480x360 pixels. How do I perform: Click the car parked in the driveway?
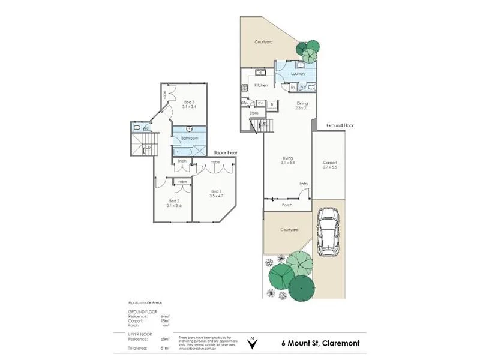(x=328, y=232)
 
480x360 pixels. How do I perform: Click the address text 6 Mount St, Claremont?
(x=321, y=343)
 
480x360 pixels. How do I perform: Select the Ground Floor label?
(x=340, y=125)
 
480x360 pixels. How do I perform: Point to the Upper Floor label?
(x=226, y=153)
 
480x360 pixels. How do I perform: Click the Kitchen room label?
(x=261, y=85)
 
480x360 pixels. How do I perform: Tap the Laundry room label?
(x=298, y=73)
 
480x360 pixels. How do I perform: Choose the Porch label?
(x=287, y=205)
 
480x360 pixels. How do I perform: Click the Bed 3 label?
(x=190, y=103)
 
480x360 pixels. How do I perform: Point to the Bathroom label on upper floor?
(x=190, y=138)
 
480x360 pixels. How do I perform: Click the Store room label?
(x=254, y=112)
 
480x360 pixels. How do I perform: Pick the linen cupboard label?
(x=181, y=161)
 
